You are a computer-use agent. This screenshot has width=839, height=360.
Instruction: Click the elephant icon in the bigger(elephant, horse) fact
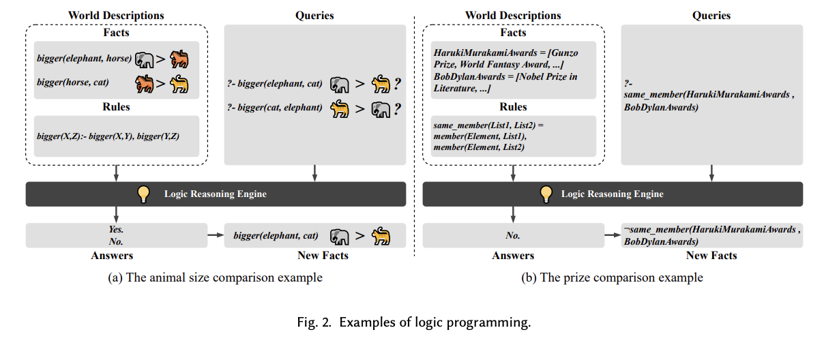click(144, 59)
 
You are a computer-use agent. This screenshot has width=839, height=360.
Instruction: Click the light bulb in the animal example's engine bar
click(144, 194)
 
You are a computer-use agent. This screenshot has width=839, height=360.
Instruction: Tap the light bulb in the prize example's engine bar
click(545, 194)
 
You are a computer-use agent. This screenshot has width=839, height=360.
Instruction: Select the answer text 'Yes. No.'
click(115, 235)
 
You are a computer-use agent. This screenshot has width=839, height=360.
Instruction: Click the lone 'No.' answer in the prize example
click(512, 235)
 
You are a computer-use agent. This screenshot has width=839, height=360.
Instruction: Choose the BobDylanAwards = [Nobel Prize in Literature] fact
click(505, 82)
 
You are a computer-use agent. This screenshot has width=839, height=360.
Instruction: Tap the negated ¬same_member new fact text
click(711, 235)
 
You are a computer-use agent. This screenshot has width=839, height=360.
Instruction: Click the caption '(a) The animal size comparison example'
click(216, 277)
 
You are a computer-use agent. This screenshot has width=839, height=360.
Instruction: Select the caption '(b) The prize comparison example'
click(612, 277)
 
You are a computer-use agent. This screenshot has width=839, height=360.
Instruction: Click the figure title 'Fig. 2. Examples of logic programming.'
click(418, 322)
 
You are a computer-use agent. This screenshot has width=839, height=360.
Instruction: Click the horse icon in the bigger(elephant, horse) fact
click(179, 59)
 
